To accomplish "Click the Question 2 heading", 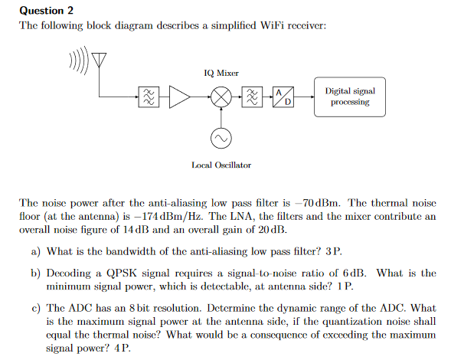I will [45, 10].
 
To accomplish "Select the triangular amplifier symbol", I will [179, 97].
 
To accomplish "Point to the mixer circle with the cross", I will [221, 97].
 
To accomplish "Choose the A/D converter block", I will [283, 97].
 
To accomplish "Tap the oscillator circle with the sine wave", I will [221, 138].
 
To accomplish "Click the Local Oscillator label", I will [221, 165].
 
